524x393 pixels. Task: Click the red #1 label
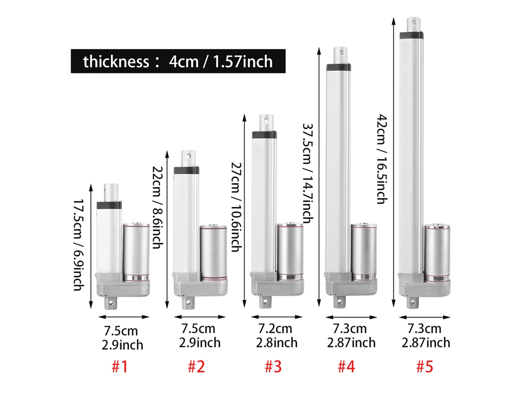[x=120, y=367]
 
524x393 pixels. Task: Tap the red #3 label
[x=273, y=367]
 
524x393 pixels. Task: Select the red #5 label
[x=425, y=367]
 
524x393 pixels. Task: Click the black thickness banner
[x=178, y=61]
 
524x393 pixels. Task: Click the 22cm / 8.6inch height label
[x=157, y=208]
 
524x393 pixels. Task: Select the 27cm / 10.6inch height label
[x=236, y=207]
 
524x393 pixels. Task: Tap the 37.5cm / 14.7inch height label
[x=308, y=173]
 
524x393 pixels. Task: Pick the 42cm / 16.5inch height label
[x=382, y=159]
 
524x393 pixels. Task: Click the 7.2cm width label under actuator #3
[x=275, y=329]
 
